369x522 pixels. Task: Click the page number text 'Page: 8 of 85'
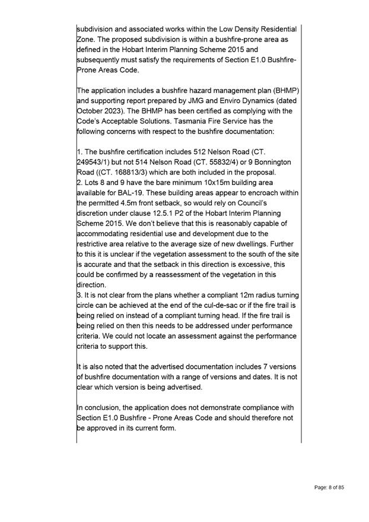(329, 488)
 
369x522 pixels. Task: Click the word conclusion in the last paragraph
(104, 408)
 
